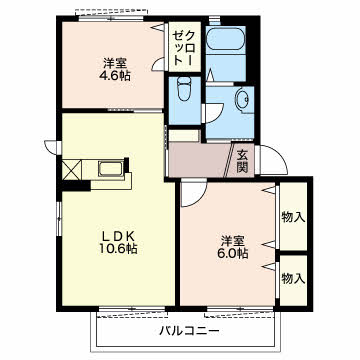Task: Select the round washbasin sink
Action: click(x=242, y=100)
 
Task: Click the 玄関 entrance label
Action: click(x=244, y=160)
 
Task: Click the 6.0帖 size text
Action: click(x=232, y=254)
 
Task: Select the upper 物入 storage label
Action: click(x=293, y=216)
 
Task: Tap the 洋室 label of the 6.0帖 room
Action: click(x=232, y=239)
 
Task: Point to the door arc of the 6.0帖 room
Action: click(x=193, y=195)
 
